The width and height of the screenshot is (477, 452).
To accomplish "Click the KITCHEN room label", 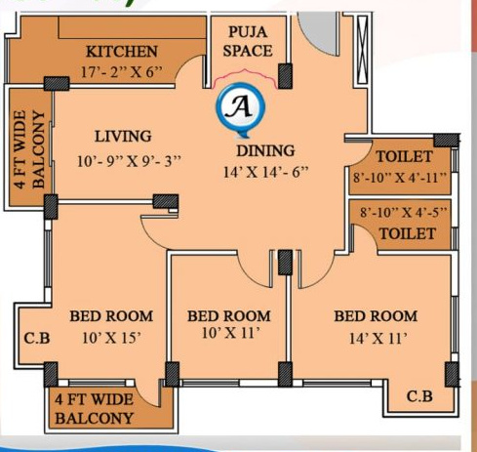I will (x=122, y=52).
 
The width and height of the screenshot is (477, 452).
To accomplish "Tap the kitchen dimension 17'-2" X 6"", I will (x=122, y=71).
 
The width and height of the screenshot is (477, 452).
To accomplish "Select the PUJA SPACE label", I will (x=248, y=41).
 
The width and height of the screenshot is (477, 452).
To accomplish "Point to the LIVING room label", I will (x=122, y=136).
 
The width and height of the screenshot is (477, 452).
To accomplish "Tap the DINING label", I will (x=265, y=150).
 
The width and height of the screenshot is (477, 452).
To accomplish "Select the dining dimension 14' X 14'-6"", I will (x=265, y=173).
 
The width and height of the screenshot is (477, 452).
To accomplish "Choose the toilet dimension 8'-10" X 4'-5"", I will (x=403, y=211).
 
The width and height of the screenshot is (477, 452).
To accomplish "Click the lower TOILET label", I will (x=407, y=233).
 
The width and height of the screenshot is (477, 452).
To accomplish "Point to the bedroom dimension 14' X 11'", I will (x=376, y=339).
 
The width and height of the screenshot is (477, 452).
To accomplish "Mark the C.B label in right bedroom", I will (x=419, y=396).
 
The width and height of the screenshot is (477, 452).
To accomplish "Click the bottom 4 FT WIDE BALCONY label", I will (x=95, y=409).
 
